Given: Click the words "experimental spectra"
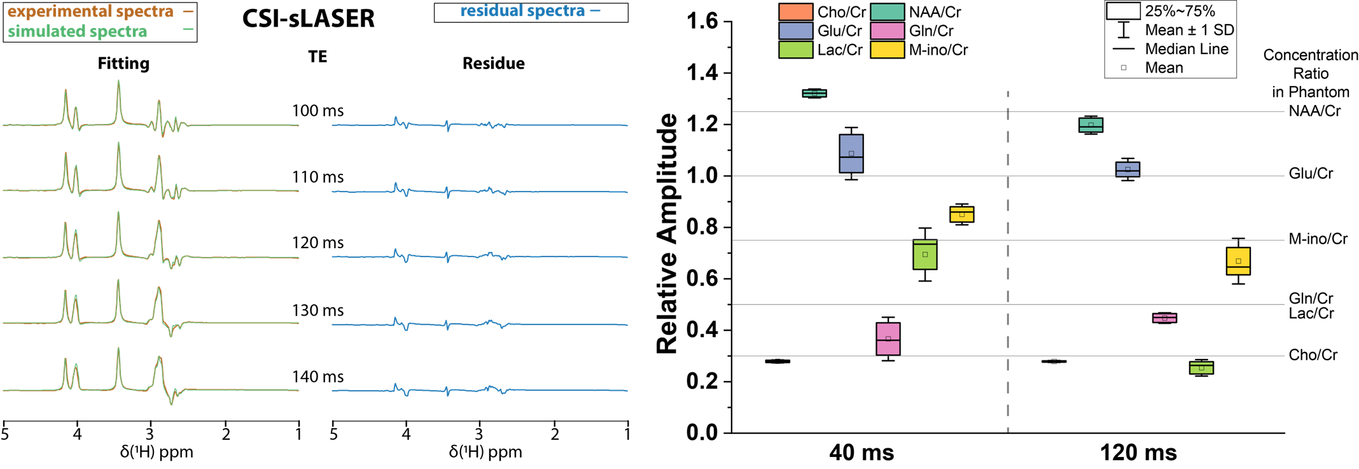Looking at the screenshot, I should (90, 11).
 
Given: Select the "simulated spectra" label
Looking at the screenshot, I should (77, 31).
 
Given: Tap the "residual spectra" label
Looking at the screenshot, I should (522, 11).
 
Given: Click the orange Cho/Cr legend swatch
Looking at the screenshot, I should (795, 12).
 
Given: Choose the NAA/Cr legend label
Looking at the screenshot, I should (935, 12).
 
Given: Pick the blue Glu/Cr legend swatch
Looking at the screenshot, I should (795, 31).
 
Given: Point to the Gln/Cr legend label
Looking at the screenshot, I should (931, 31).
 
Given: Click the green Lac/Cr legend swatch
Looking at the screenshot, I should (795, 50).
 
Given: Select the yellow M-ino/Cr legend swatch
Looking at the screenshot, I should (887, 50).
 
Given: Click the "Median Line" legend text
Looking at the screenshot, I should (1187, 49).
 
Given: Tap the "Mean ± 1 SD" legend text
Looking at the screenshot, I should (1189, 30).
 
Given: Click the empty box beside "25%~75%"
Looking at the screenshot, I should (1123, 11).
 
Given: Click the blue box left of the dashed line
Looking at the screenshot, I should (851, 153).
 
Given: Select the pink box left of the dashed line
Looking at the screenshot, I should (888, 339).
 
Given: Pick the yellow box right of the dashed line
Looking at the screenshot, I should (1238, 261).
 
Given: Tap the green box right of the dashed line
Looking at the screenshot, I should (1201, 368).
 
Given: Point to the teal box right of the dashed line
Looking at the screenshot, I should (1091, 125).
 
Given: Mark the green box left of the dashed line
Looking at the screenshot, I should (925, 255).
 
